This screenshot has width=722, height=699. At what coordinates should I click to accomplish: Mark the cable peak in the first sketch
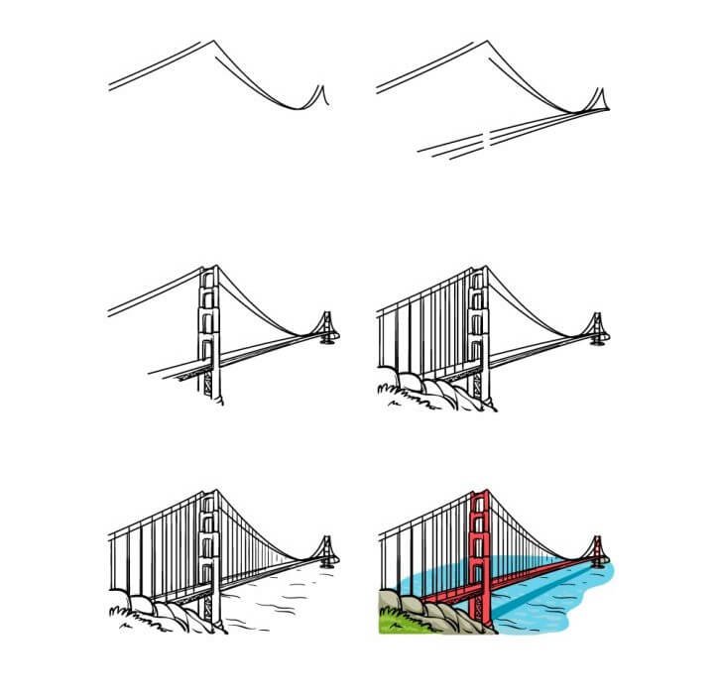pyautogui.click(x=210, y=43)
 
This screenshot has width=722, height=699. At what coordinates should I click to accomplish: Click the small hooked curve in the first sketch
pyautogui.click(x=319, y=96)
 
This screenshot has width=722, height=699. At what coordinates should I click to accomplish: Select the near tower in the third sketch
pyautogui.click(x=209, y=327)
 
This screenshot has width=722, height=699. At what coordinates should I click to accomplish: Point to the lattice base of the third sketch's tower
pyautogui.click(x=209, y=385)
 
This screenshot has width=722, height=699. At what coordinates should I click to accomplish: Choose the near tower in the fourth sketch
pyautogui.click(x=480, y=327)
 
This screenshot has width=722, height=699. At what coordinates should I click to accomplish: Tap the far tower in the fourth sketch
pyautogui.click(x=597, y=326)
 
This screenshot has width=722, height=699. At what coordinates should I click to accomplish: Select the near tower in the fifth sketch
pyautogui.click(x=208, y=555)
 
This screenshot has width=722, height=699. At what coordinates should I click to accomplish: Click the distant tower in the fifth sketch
pyautogui.click(x=324, y=551)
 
